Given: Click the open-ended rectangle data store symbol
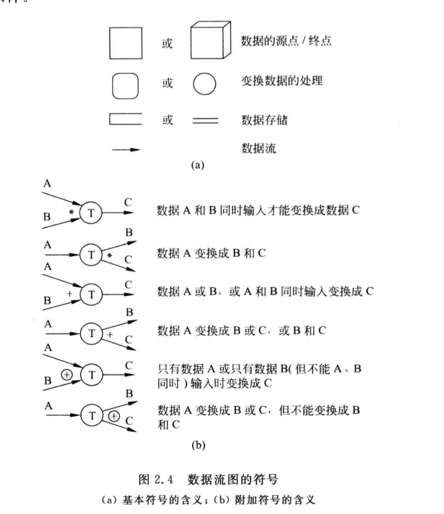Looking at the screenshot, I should click(x=125, y=119).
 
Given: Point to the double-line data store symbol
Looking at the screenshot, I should click(x=205, y=121).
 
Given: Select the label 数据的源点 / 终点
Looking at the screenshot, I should click(x=286, y=41).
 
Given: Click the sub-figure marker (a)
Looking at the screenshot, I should click(x=197, y=165).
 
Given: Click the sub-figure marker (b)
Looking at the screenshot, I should click(x=198, y=446).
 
